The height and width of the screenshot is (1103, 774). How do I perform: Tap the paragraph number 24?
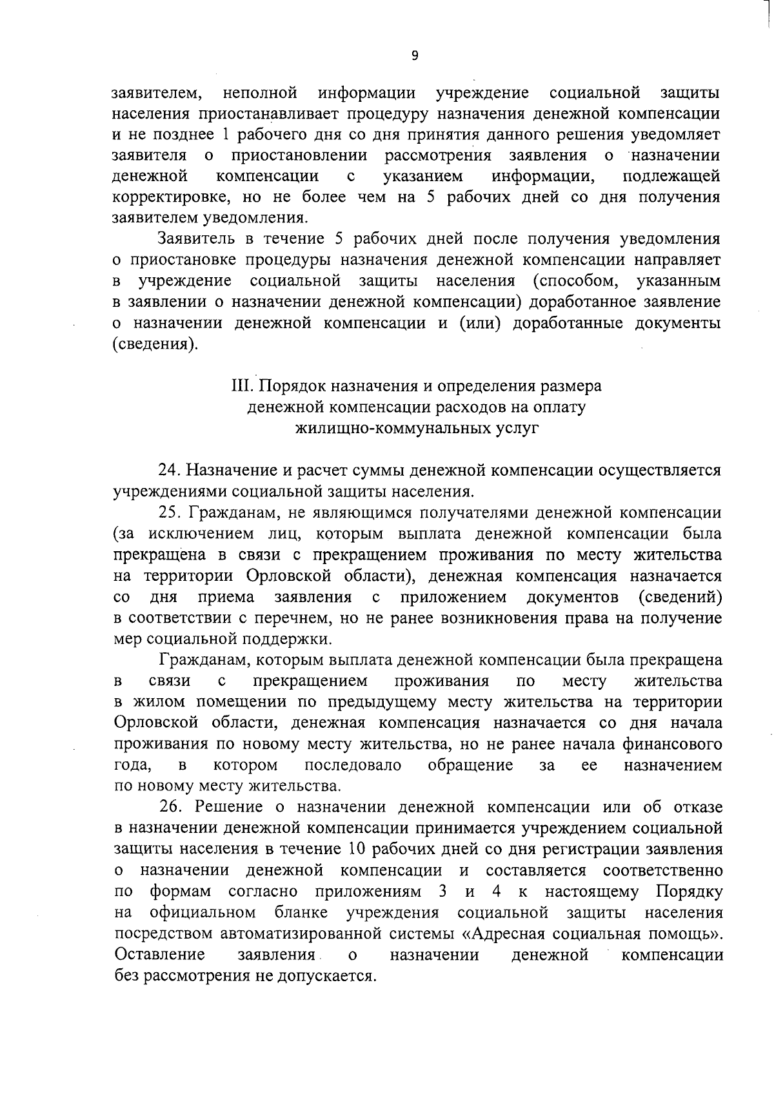pos(169,471)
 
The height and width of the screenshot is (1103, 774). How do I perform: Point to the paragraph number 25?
pos(169,513)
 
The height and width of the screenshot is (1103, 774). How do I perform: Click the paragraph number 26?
pos(169,807)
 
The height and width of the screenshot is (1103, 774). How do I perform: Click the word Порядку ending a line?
pos(690,892)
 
